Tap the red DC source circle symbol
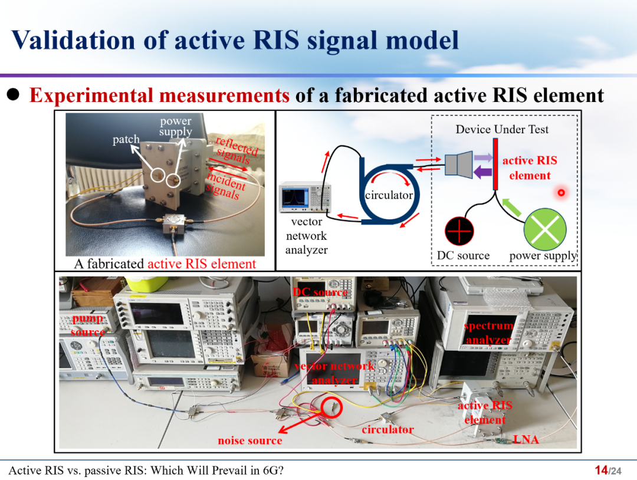(x=459, y=231)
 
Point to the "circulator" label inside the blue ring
(x=389, y=195)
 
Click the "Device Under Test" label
(x=501, y=129)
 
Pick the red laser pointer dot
(x=561, y=192)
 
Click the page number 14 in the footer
(x=601, y=470)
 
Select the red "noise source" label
(x=250, y=440)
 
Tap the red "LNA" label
(x=526, y=439)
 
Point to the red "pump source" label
(x=88, y=325)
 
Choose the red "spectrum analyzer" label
(x=488, y=333)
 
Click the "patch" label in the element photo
(x=126, y=140)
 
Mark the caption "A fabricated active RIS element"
(x=165, y=264)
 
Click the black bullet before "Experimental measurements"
(x=13, y=94)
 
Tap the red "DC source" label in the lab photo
(x=320, y=292)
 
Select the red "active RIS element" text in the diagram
(x=529, y=168)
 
